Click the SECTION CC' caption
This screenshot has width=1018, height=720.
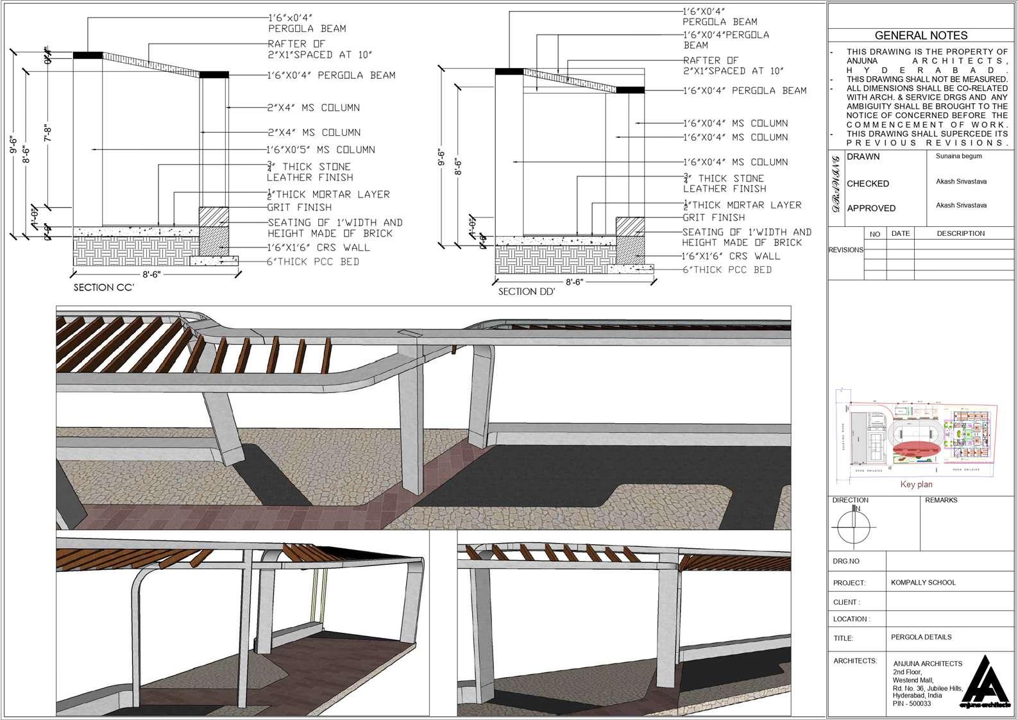click(x=103, y=287)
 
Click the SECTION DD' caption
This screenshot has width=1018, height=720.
click(x=527, y=291)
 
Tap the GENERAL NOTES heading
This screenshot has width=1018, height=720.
click(x=921, y=36)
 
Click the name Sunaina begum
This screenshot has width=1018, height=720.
click(x=958, y=156)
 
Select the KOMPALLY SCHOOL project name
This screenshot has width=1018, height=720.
click(x=923, y=582)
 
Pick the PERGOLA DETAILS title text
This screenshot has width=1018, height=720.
click(x=921, y=637)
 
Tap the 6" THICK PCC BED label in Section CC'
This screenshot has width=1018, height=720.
click(x=313, y=262)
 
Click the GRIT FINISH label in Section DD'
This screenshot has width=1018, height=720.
click(x=713, y=217)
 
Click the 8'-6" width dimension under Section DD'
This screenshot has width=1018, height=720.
click(x=574, y=282)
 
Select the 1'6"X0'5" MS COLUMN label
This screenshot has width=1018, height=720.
click(x=321, y=149)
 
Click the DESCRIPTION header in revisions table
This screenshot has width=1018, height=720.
click(x=960, y=233)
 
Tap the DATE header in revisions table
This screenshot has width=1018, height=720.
click(x=900, y=233)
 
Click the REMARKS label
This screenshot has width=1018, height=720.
click(x=940, y=500)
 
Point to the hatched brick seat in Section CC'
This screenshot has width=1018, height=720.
click(x=214, y=216)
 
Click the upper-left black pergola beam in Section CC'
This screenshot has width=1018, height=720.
click(x=88, y=56)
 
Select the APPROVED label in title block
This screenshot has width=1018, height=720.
click(x=870, y=208)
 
